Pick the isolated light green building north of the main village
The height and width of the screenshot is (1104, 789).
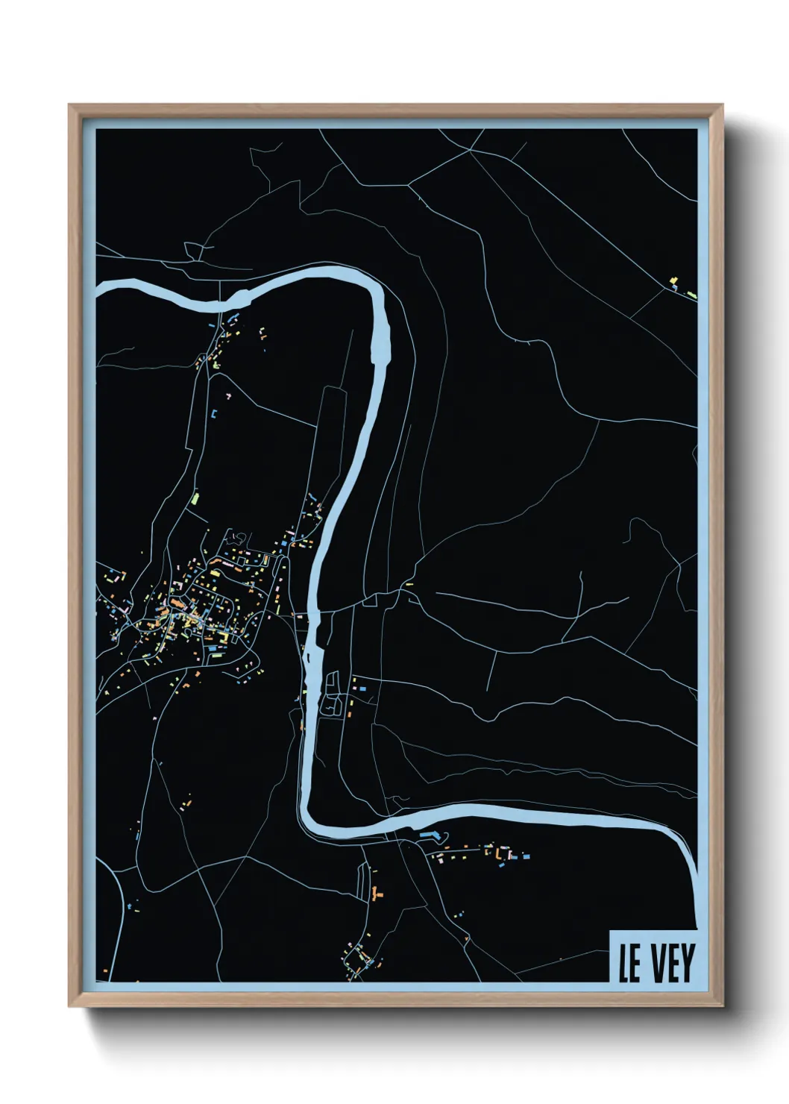(x=195, y=496)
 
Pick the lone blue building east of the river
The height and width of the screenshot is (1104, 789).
(x=364, y=689)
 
